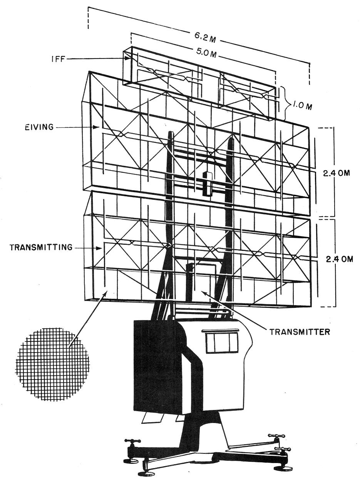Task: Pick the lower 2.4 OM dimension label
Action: pyautogui.click(x=339, y=259)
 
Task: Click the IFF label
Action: pyautogui.click(x=58, y=59)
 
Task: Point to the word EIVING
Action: pyautogui.click(x=39, y=127)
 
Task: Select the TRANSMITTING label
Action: pyautogui.click(x=41, y=248)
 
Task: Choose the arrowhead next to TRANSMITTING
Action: pyautogui.click(x=99, y=248)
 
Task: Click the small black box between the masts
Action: pyautogui.click(x=208, y=184)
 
